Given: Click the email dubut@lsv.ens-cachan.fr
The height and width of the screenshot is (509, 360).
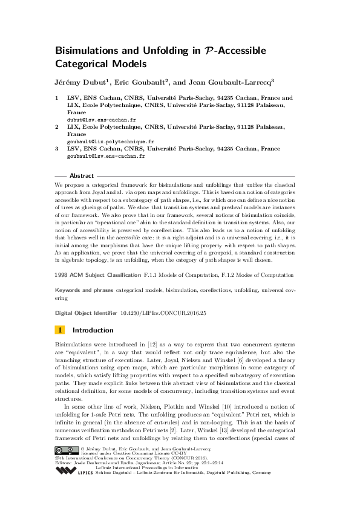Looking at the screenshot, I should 93,120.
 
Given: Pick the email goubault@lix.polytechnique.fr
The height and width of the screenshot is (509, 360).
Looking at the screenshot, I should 101,141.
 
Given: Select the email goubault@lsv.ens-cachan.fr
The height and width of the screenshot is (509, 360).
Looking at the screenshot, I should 97,156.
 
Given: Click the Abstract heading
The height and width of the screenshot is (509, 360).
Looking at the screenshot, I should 82,176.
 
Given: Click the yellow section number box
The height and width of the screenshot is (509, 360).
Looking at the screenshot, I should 60,330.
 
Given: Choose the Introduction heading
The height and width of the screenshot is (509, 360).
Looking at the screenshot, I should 93,330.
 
